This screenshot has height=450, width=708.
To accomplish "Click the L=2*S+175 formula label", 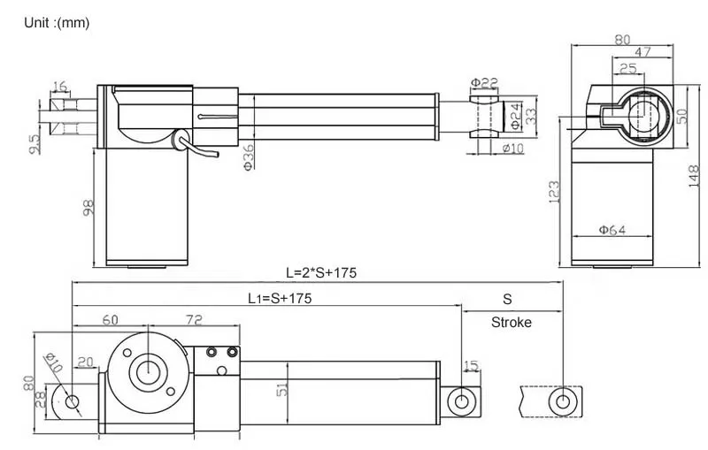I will [320, 272].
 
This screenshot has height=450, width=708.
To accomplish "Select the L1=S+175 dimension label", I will [279, 299].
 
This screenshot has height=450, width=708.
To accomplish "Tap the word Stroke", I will [512, 322].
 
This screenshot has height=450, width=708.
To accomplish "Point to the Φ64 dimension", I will [612, 230].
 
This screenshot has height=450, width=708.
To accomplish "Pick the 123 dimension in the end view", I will [553, 192].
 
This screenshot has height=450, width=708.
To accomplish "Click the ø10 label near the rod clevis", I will [512, 148].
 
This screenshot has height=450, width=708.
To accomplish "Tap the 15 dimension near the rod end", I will [470, 365].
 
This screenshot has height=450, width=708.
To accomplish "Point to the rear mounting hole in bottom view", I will [73, 402].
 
